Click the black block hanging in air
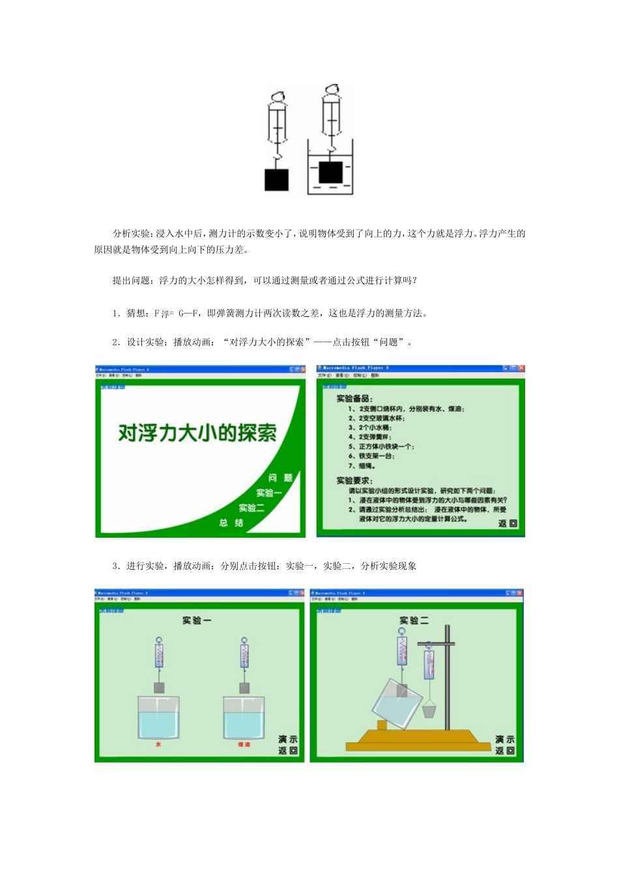(276, 180)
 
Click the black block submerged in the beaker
(330, 172)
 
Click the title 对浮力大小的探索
(197, 433)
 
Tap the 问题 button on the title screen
(280, 478)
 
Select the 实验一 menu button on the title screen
(268, 493)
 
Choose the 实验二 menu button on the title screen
(251, 508)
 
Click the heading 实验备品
(354, 398)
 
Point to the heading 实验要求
(354, 480)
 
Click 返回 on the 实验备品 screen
(508, 523)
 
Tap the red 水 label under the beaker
(158, 744)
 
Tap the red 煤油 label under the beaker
(244, 744)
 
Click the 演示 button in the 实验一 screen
(287, 739)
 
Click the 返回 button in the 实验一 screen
(287, 751)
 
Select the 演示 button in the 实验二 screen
(504, 739)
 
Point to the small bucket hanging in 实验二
(429, 709)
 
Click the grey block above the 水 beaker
(158, 688)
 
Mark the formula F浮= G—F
(177, 314)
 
